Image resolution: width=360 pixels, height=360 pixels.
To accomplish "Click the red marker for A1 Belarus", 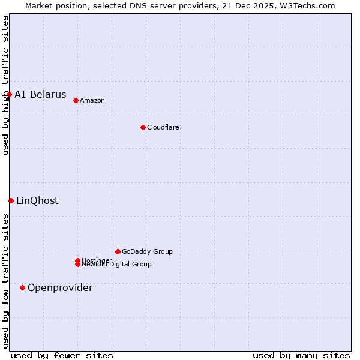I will click(x=10, y=94).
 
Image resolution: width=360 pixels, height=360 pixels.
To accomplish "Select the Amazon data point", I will click(x=76, y=100).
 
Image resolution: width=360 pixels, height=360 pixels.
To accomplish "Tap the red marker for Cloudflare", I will click(x=143, y=127).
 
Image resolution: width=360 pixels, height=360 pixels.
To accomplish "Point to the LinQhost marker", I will click(x=11, y=200).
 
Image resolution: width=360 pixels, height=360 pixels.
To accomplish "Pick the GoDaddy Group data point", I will click(x=118, y=251).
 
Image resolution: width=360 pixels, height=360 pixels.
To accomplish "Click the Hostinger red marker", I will click(x=77, y=260).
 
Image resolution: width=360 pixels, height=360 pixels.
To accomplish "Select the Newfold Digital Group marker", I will click(x=77, y=265).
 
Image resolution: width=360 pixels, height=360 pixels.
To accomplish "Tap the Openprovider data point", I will click(x=22, y=287).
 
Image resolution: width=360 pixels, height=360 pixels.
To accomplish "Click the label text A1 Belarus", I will click(x=40, y=95).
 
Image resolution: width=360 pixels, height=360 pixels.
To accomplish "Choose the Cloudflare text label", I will click(x=163, y=127).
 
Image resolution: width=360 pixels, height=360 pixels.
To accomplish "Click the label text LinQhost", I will click(x=37, y=201).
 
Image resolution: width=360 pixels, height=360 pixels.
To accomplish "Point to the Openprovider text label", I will click(x=60, y=288).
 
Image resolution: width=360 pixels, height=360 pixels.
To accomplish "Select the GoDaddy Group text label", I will click(x=147, y=251).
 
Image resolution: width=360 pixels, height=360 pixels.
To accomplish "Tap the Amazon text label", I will click(x=92, y=100).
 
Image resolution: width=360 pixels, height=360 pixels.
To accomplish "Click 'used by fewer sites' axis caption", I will click(x=62, y=355).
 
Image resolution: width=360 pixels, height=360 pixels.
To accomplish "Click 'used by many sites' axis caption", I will click(x=301, y=355).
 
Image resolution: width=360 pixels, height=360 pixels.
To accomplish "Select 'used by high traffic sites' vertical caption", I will click(x=5, y=85).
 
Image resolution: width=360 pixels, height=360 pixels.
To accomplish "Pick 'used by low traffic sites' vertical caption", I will click(x=5, y=280).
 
